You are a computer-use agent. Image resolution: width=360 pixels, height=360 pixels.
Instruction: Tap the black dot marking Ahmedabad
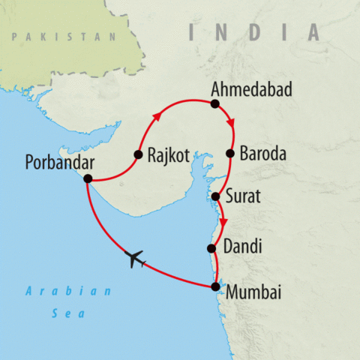tap(214, 104)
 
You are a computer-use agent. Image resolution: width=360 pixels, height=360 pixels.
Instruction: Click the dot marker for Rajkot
tap(138, 155)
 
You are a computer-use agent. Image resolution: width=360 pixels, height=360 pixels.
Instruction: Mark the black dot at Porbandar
tap(88, 178)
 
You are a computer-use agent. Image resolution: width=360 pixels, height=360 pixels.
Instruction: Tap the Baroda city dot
tap(230, 154)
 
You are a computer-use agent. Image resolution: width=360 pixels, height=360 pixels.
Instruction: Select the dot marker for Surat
tap(215, 196)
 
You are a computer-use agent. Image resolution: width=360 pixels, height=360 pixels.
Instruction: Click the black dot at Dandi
tap(211, 247)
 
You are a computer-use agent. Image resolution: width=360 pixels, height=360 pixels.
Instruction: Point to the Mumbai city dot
tap(216, 286)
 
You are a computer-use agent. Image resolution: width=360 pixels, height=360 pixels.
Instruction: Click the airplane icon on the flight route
tap(136, 259)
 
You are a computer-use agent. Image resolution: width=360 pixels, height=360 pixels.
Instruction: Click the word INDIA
tap(254, 32)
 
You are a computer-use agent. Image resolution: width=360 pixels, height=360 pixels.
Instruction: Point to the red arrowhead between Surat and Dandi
tap(223, 222)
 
